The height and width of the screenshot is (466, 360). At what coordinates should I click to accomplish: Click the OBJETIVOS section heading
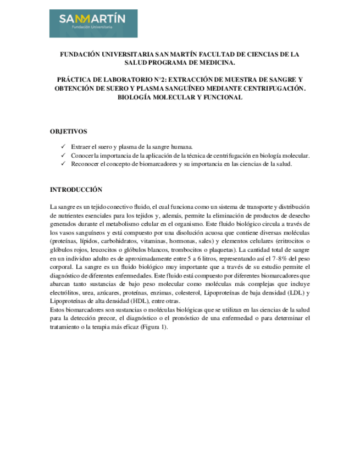click(x=68, y=132)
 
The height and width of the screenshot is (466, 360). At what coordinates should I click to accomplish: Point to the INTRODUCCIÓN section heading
click(x=76, y=190)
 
